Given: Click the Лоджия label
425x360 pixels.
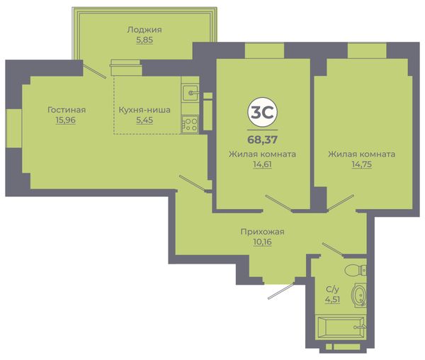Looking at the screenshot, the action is (144, 30).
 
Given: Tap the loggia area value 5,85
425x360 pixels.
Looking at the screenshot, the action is (144, 40).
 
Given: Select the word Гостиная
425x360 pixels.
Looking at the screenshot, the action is (67, 110).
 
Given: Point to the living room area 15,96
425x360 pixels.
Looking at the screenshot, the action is (66, 120).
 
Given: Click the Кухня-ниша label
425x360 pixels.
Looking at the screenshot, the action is (144, 110).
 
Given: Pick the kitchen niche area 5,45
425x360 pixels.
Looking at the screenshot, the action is (144, 120).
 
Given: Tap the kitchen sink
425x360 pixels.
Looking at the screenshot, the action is (191, 93).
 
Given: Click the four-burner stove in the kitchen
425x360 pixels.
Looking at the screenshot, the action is (190, 125).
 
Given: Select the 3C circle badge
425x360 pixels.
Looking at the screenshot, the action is (262, 112).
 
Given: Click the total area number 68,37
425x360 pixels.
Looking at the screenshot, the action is (262, 140).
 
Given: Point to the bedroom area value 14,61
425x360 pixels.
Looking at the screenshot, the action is (262, 164).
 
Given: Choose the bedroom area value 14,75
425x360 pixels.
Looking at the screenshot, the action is (362, 164).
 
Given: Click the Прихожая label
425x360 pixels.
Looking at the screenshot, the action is (262, 232).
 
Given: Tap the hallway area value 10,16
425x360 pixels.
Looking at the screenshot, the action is (262, 242).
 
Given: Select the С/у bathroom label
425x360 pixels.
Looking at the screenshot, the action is (332, 290).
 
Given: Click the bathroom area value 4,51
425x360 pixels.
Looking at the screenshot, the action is (332, 300).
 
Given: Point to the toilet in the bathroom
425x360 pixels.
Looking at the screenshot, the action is (356, 270).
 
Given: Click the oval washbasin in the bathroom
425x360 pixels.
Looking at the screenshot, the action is (359, 296).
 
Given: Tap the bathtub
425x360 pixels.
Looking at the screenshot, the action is (341, 327).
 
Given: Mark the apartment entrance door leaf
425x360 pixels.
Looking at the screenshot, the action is (281, 291).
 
